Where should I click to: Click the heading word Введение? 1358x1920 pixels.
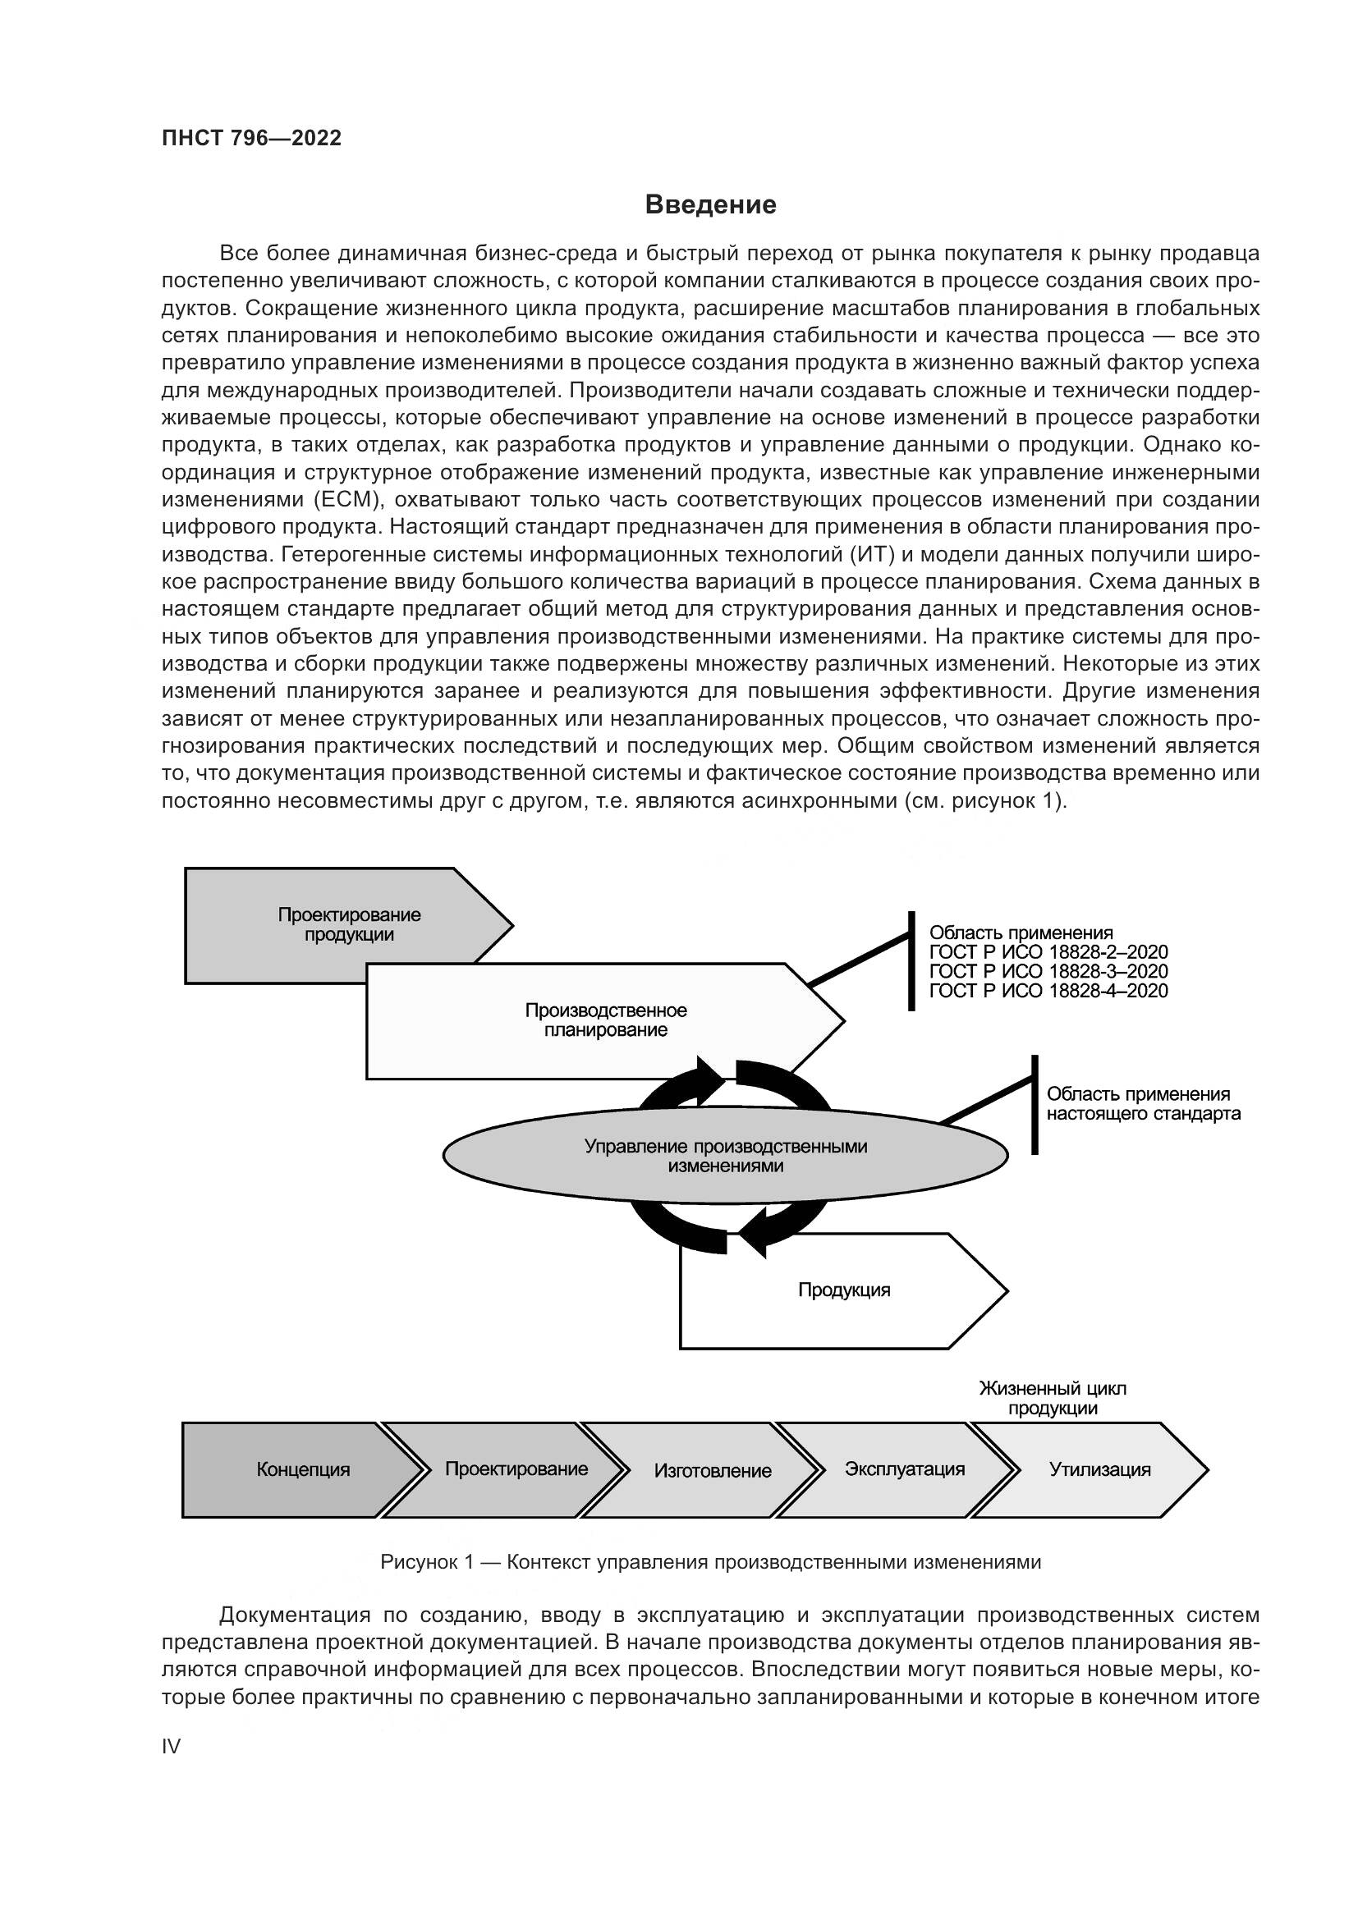point(710,205)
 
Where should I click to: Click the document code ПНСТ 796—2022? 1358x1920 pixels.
point(252,139)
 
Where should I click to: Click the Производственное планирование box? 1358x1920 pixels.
point(604,1020)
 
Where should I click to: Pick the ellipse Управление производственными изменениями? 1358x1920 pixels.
point(724,1156)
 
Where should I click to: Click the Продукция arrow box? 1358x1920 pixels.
point(843,1290)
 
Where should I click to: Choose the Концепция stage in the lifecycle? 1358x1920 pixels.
point(303,1469)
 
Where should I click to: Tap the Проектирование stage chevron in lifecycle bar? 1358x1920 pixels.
point(516,1469)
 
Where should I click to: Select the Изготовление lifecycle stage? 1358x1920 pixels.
point(713,1470)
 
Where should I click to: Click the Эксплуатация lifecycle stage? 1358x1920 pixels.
point(904,1469)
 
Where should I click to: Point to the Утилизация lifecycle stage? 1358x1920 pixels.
point(1099,1469)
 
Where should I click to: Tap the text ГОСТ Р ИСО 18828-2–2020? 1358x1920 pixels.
point(1048,952)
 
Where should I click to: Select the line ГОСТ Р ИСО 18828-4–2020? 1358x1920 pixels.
point(1048,991)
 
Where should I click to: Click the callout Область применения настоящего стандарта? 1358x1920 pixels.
point(1142,1104)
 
